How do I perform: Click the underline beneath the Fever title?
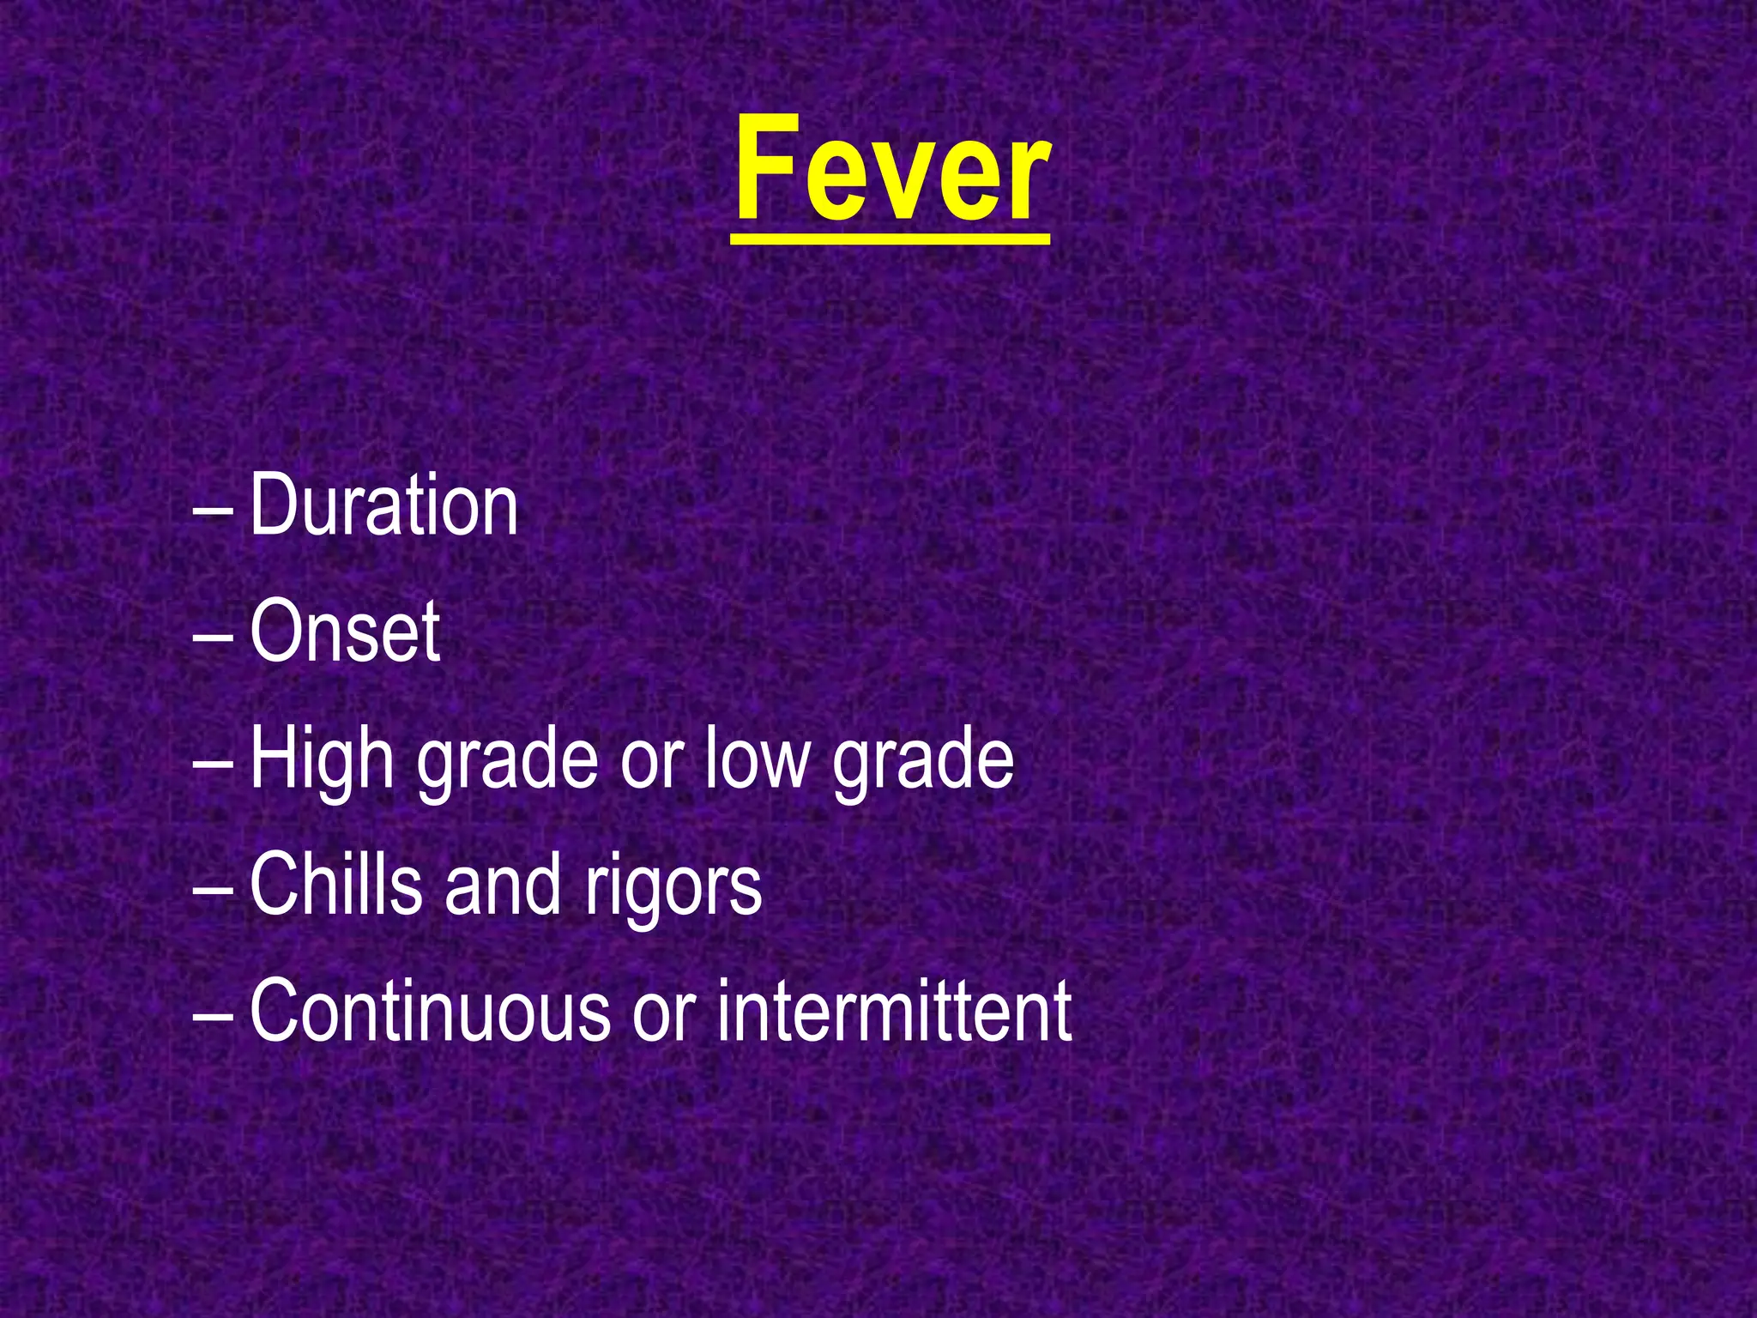click(891, 239)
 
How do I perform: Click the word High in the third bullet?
click(322, 759)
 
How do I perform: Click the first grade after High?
click(507, 759)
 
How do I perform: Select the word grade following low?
click(923, 759)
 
